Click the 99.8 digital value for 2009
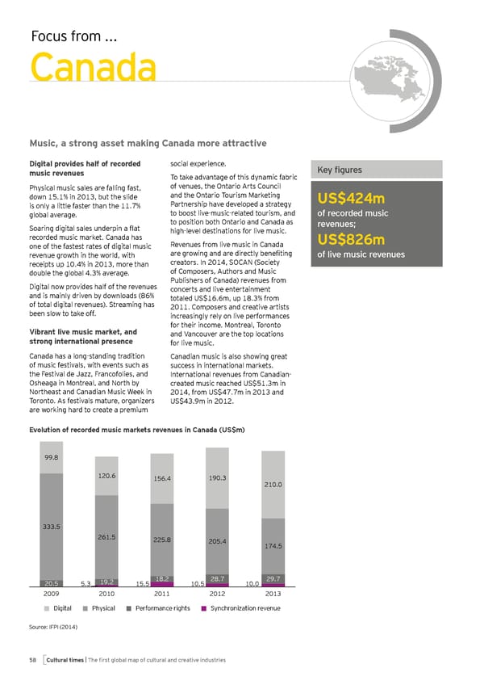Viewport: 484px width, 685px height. [x=51, y=458]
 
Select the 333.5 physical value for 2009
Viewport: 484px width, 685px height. [x=51, y=527]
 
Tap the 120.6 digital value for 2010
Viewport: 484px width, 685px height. [x=106, y=476]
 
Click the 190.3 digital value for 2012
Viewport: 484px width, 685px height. [x=217, y=477]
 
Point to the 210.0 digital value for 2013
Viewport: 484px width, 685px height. [x=273, y=485]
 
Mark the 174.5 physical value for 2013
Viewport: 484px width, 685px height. [x=273, y=546]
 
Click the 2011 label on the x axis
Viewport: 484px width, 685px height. [x=163, y=592]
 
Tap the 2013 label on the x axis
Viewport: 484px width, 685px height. [x=273, y=592]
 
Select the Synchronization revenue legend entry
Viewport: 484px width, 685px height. [x=241, y=607]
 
